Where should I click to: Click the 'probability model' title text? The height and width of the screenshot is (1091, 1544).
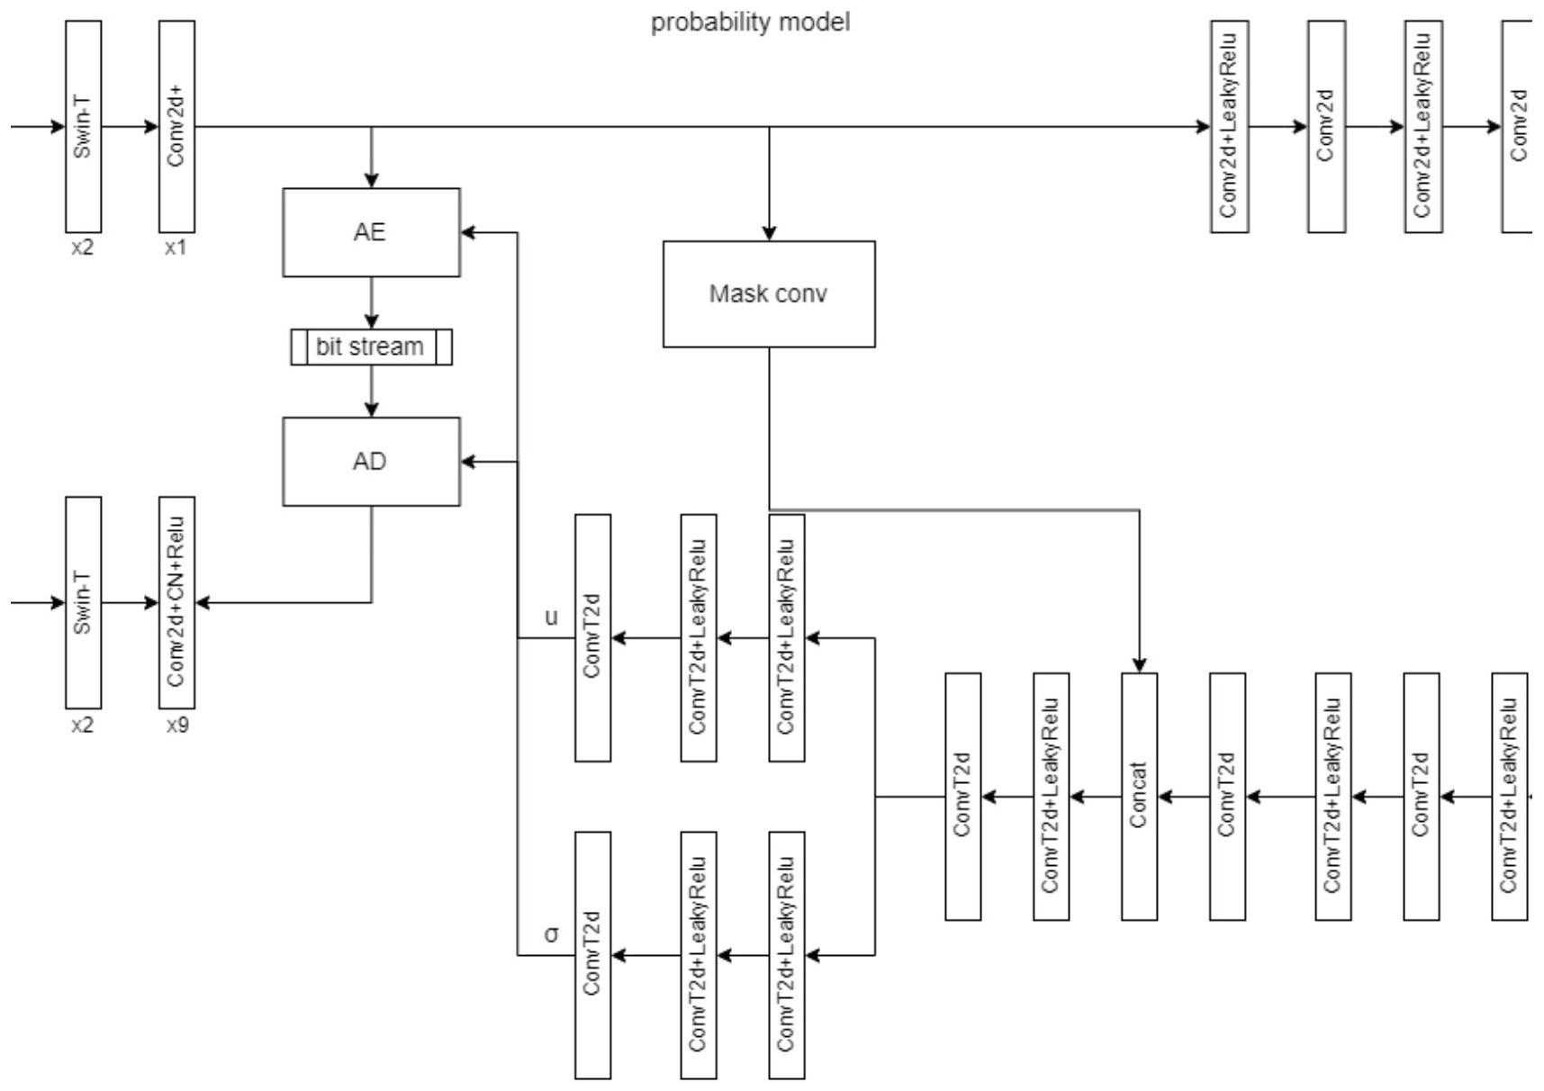750,22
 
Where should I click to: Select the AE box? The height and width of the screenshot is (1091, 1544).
371,232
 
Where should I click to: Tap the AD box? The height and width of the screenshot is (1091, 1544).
371,461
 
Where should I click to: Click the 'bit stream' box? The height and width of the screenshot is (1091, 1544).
371,347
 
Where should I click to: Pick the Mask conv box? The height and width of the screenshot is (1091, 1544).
769,293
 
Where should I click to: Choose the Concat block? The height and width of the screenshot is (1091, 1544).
1139,796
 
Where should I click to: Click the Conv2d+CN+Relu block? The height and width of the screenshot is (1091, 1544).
176,602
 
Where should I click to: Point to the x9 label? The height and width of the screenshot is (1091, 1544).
177,725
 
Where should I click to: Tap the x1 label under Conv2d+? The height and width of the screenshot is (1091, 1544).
176,248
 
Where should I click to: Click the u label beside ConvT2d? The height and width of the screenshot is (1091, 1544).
551,618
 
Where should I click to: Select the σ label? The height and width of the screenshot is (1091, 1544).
551,934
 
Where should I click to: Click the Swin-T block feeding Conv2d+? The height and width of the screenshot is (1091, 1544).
83,126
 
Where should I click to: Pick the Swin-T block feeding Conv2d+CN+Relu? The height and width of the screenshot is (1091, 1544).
83,602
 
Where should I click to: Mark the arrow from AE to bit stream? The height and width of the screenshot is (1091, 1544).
372,302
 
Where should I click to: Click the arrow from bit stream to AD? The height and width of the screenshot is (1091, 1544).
372,391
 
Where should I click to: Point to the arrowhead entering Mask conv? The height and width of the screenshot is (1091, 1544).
769,233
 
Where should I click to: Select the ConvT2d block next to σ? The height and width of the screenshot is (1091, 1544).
592,955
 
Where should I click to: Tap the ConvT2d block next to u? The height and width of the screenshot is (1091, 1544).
592,637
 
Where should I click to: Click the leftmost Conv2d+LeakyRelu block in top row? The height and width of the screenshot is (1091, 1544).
1229,126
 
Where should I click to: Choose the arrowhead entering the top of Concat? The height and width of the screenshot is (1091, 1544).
1140,665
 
